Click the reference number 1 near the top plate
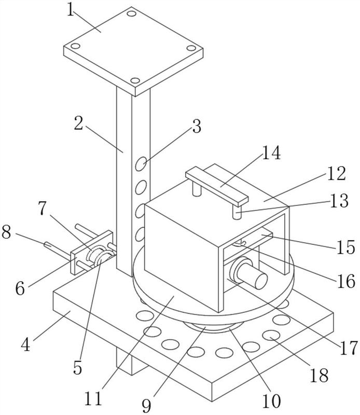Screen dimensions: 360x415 70,10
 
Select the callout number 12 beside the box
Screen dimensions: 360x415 337,174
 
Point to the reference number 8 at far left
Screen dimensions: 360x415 6,232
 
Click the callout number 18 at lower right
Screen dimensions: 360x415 319,375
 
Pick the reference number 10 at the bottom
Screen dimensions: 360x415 271,400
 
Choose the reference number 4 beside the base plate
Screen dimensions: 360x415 25,345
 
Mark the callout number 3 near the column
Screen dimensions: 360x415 197,126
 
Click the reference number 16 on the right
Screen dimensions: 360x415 346,281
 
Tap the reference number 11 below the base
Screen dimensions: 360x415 93,398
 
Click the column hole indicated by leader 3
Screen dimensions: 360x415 141,164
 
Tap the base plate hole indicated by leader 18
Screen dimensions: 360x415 271,336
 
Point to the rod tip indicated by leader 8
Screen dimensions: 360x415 47,244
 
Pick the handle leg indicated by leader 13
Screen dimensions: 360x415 237,212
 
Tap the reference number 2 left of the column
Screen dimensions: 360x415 78,123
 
